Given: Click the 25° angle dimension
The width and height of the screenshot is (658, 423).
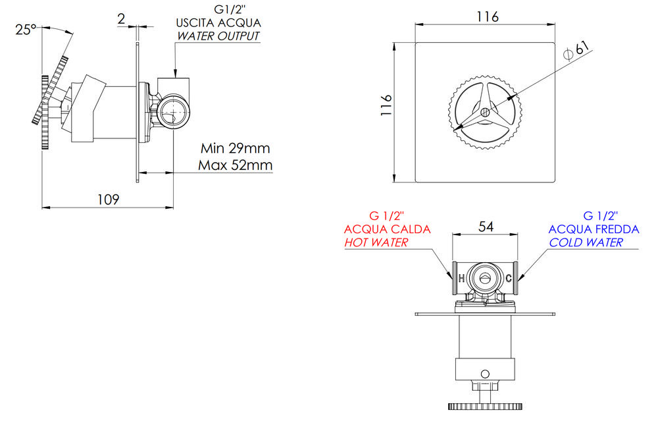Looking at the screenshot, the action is pyautogui.click(x=26, y=30).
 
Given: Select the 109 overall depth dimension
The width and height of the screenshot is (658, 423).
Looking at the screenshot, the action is pyautogui.click(x=109, y=200).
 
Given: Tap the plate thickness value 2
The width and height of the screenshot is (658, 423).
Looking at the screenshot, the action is pyautogui.click(x=121, y=19).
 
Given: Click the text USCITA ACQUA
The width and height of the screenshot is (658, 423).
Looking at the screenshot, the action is pyautogui.click(x=218, y=22).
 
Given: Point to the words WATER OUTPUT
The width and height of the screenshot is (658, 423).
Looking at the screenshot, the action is pyautogui.click(x=218, y=36).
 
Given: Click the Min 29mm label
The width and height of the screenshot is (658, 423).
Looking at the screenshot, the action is pyautogui.click(x=235, y=148).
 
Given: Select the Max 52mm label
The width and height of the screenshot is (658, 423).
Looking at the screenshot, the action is pyautogui.click(x=235, y=165).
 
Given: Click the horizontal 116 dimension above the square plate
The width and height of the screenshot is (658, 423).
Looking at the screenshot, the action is pyautogui.click(x=488, y=17).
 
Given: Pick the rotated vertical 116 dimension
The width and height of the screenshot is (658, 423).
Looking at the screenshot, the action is pyautogui.click(x=386, y=105).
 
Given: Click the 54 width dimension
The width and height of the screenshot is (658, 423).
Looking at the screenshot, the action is pyautogui.click(x=486, y=227).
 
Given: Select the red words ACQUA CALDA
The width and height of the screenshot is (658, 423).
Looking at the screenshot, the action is pyautogui.click(x=388, y=229).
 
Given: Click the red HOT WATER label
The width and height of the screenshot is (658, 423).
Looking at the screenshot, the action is pyautogui.click(x=376, y=242).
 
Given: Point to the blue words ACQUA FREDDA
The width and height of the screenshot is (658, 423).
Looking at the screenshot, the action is pyautogui.click(x=594, y=229).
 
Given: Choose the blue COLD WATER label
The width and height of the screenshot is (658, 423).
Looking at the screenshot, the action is pyautogui.click(x=586, y=242).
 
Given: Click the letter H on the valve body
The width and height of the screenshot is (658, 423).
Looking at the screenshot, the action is pyautogui.click(x=462, y=278).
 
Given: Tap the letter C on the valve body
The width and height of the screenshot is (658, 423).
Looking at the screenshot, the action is pyautogui.click(x=509, y=278).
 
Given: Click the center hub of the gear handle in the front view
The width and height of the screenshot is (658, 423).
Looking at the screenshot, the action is pyautogui.click(x=485, y=112).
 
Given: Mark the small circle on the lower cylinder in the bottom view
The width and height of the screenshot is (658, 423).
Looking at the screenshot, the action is pyautogui.click(x=485, y=374).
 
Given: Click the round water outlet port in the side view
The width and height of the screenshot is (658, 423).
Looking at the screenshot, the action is pyautogui.click(x=173, y=111).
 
